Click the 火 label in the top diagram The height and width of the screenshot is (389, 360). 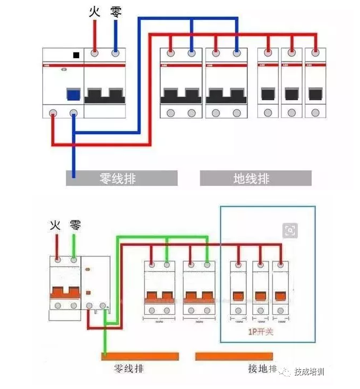(95, 12)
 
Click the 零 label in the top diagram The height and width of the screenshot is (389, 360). (116, 12)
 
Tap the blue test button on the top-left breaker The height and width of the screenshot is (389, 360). (73, 95)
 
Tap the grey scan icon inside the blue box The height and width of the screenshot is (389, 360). (290, 230)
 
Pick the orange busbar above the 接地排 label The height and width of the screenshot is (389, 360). (234, 356)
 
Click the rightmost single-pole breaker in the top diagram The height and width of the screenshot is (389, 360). (315, 83)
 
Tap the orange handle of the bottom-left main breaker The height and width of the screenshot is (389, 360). (65, 292)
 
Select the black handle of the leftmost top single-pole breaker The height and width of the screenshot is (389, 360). (268, 95)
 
